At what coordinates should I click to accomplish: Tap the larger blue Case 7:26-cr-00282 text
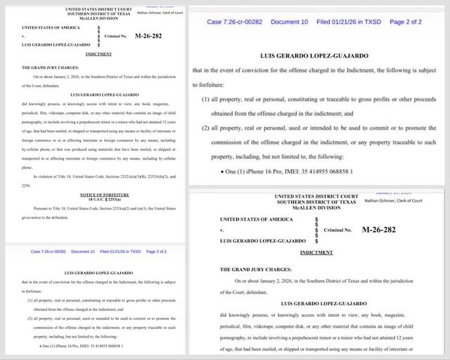(x=236, y=22)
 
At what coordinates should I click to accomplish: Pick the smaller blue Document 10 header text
(x=83, y=252)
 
